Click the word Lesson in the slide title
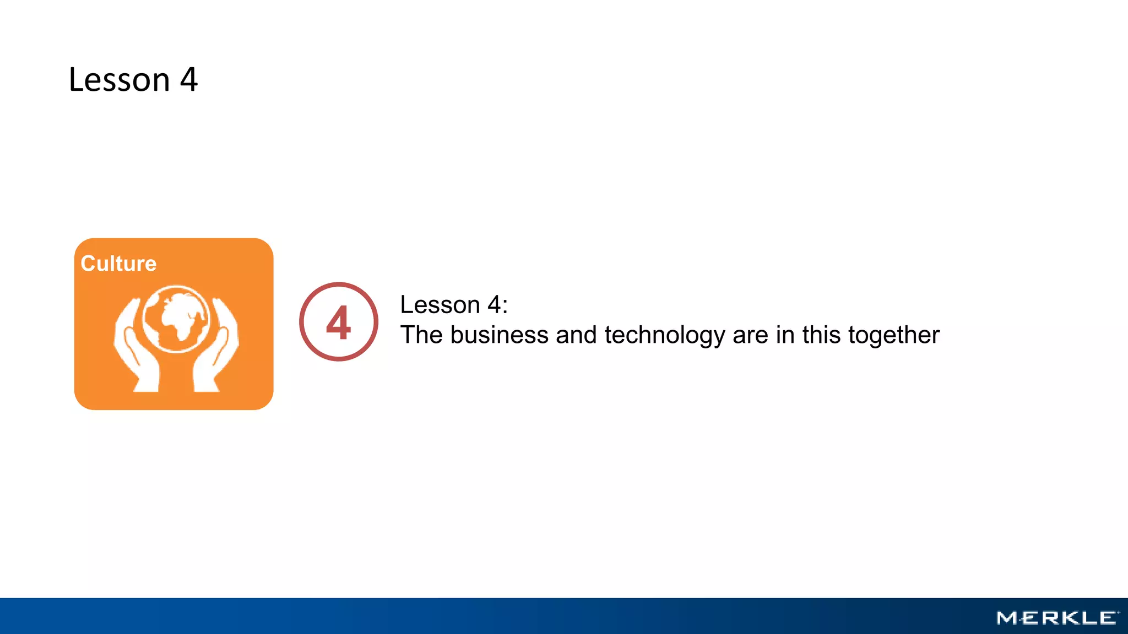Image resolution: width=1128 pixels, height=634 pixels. coord(119,80)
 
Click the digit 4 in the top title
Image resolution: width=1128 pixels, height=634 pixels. coord(189,80)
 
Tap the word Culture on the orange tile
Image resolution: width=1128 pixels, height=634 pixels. coord(118,264)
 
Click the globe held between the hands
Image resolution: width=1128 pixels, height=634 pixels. coord(176,319)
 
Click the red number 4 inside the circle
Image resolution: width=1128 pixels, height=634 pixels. coord(338,323)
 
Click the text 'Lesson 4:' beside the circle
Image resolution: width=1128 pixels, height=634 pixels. coord(453,304)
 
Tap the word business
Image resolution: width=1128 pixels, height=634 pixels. coord(499,335)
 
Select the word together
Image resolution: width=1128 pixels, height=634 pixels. coord(893,335)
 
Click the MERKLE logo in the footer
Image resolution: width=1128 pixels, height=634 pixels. coord(1057,618)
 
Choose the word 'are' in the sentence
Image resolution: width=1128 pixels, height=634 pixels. coord(750,336)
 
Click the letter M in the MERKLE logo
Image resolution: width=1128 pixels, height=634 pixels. coord(1007,618)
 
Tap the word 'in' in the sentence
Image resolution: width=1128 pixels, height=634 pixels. coord(785,335)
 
